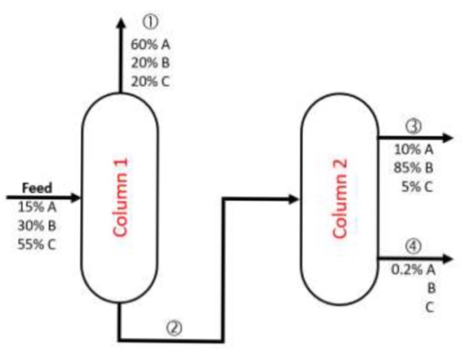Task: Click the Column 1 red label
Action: click(121, 198)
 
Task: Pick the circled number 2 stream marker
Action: click(174, 328)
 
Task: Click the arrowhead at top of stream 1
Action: click(121, 23)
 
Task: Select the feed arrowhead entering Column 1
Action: click(75, 198)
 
